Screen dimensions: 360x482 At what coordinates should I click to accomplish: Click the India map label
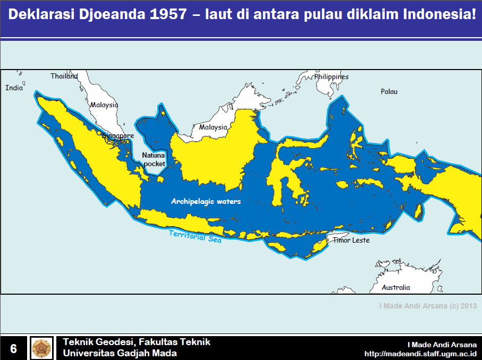point(14,88)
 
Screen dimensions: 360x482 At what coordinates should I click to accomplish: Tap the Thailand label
point(64,76)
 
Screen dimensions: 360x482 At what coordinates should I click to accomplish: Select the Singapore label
point(118,136)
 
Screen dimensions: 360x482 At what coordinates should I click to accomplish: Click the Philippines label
point(331,76)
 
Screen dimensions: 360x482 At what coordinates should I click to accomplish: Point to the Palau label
point(389,91)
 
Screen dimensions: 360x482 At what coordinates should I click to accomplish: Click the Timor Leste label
point(351,240)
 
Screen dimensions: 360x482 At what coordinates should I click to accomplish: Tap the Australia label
point(396,287)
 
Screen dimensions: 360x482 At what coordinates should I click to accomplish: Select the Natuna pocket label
point(154,160)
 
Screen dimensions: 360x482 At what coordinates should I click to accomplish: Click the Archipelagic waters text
point(206,201)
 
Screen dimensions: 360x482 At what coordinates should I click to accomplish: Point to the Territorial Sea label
point(195,236)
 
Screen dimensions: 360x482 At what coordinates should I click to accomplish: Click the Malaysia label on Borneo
point(213,127)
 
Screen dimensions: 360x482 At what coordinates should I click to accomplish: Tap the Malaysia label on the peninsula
point(104,105)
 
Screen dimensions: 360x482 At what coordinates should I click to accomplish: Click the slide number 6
point(13,348)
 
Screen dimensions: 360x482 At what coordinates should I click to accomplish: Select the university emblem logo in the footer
point(41,348)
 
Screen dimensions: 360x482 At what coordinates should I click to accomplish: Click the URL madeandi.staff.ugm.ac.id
point(420,353)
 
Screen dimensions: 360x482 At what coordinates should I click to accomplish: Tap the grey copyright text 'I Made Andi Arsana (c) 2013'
point(428,306)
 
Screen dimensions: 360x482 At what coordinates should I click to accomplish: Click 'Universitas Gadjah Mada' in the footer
point(120,353)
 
